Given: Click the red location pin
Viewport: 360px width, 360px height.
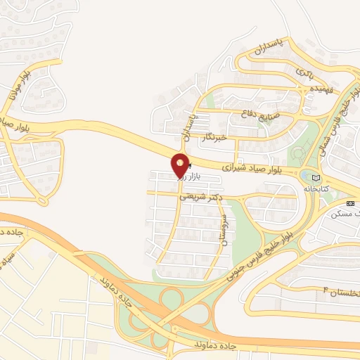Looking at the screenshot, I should (x=180, y=165).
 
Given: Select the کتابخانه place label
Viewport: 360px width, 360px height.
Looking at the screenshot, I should (x=316, y=189).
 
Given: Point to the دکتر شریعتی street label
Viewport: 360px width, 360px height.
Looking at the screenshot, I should (x=200, y=197).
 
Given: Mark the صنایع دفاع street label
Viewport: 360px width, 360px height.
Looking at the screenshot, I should (x=261, y=112).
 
